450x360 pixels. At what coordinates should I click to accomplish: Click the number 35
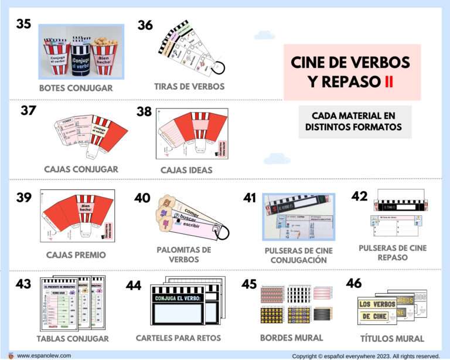pos(23,24)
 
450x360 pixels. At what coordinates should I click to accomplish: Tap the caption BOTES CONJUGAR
pos(76,89)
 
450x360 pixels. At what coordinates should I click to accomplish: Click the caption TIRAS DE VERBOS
pos(189,86)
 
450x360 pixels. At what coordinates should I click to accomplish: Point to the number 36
pos(145,25)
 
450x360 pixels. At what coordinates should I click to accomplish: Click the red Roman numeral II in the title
pos(388,81)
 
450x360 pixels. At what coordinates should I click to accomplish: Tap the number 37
pos(29,110)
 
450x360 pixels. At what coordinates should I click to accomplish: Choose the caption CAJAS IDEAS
pos(186,170)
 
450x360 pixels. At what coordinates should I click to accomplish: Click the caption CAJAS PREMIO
pos(76,255)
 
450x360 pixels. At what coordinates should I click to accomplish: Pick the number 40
pos(142,198)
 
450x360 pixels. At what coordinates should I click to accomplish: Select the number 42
pos(360,196)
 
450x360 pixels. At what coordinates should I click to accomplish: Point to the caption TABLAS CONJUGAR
pos(73,338)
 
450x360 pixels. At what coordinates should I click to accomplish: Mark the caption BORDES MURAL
pos(291,338)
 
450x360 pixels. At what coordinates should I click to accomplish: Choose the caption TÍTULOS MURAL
pos(392,338)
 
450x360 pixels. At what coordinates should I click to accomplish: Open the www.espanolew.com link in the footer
pos(44,355)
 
